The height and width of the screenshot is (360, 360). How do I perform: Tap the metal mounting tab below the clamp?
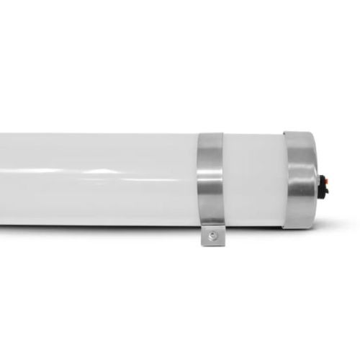coord(212,234)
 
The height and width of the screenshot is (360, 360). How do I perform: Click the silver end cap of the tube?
coord(301,180)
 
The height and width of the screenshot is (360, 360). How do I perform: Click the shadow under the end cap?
coord(302,232)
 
